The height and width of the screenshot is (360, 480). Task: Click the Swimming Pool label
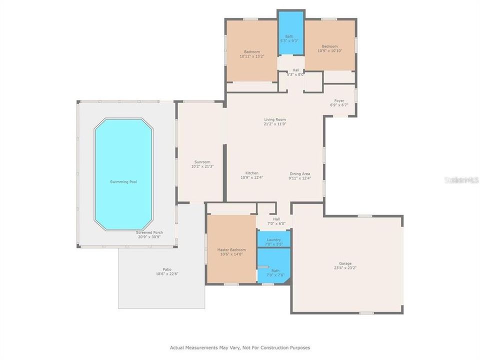click(123, 181)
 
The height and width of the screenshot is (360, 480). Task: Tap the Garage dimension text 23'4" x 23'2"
click(345, 268)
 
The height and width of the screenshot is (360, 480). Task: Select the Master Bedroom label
click(231, 249)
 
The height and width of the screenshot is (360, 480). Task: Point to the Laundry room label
click(273, 239)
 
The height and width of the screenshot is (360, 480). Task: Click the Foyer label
click(339, 100)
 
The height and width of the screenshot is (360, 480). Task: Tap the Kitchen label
click(251, 173)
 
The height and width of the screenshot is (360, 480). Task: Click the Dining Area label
click(300, 173)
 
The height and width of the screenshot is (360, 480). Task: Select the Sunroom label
click(201, 161)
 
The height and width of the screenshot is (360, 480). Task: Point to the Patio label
click(160, 269)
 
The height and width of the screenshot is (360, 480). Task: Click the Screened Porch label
click(148, 232)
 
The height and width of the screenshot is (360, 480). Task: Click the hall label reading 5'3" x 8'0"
click(295, 74)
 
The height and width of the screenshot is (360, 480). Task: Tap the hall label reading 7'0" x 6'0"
click(276, 223)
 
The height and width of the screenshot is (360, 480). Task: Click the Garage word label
click(345, 263)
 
